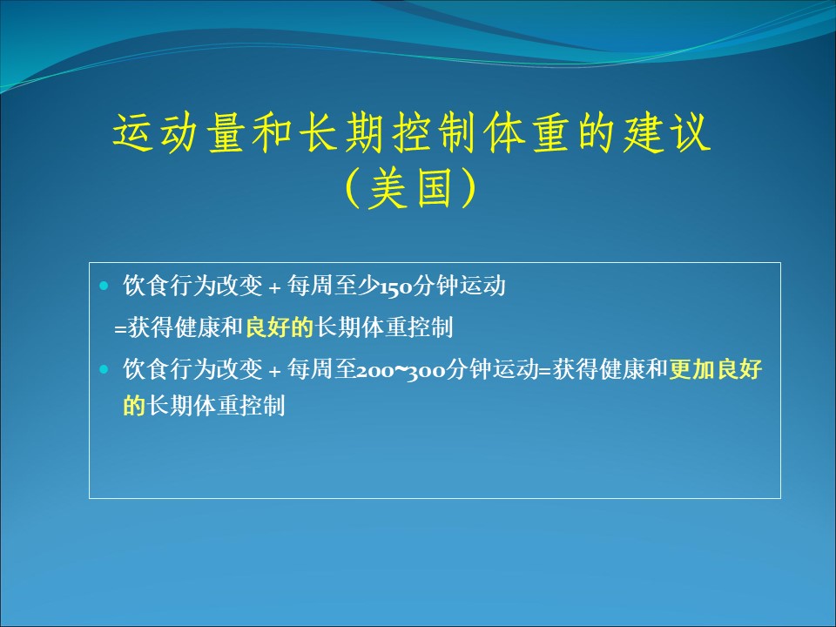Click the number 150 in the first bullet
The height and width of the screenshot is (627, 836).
(395, 287)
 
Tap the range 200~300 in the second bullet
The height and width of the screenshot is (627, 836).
(401, 370)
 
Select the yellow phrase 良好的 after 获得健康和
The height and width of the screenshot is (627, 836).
(280, 327)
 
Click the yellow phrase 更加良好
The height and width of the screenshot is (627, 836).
(716, 368)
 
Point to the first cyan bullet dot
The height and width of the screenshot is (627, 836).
(104, 287)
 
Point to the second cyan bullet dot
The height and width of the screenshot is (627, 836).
(104, 369)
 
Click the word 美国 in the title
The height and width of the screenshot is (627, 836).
(411, 188)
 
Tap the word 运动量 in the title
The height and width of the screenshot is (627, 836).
(179, 132)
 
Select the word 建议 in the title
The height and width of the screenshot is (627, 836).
(667, 132)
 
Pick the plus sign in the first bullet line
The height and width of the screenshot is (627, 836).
(274, 288)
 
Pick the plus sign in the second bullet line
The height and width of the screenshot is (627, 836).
(274, 371)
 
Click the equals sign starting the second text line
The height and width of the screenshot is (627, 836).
(120, 329)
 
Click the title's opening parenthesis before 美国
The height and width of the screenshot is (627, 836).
(353, 188)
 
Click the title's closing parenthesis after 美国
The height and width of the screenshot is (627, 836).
(469, 188)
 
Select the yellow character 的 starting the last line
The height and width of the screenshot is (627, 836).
(134, 405)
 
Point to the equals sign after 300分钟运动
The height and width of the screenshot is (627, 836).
(545, 371)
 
